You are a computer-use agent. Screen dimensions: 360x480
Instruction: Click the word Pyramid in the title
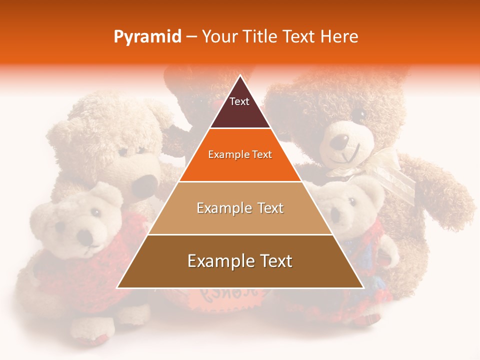pyautogui.click(x=147, y=37)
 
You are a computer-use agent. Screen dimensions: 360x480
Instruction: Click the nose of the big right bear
pyautogui.click(x=342, y=141)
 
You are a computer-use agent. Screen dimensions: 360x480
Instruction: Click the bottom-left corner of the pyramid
pyautogui.click(x=117, y=287)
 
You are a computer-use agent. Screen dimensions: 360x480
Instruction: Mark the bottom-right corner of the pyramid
pyautogui.click(x=363, y=287)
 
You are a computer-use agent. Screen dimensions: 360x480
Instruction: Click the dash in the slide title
pyautogui.click(x=191, y=37)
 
